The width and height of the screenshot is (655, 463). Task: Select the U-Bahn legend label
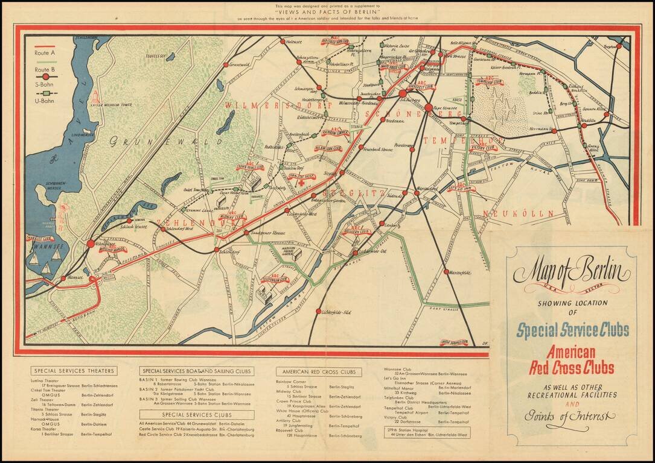[46, 101]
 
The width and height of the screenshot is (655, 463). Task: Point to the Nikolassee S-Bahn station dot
[91, 244]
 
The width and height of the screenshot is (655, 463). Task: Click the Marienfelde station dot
[447, 272]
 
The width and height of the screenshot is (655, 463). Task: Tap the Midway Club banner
[230, 216]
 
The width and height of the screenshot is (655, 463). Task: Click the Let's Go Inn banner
[461, 188]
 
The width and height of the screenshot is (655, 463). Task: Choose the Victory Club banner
[482, 147]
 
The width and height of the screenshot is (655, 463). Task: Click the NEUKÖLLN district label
[510, 213]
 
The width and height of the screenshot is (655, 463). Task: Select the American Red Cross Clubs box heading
[318, 371]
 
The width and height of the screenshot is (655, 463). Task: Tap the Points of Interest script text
[569, 416]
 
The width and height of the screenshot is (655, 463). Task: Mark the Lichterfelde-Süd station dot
[318, 311]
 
